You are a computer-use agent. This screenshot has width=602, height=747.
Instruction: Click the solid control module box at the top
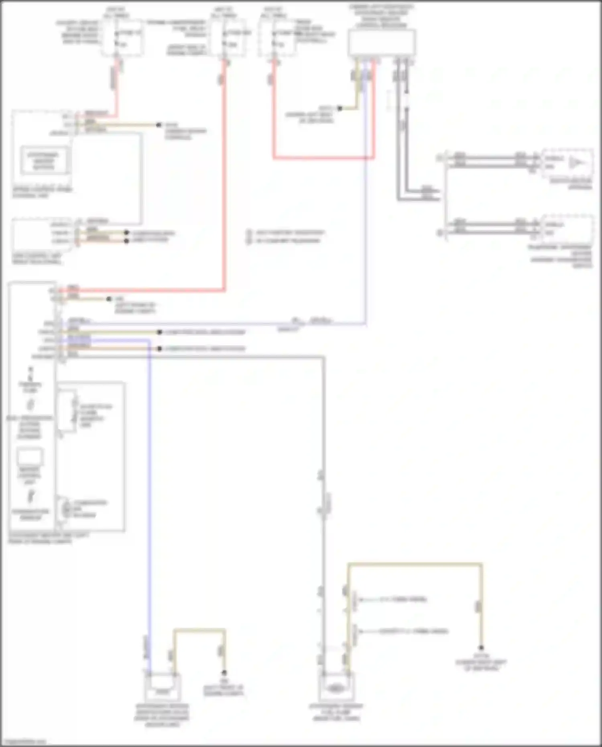382,43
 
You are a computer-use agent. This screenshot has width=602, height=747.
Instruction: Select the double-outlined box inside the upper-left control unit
44,161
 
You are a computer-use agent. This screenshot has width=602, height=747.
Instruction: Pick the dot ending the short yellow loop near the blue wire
224,673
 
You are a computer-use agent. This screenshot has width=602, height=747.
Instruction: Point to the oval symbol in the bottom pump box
336,688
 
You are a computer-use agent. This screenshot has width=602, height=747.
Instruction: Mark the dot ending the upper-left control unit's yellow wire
159,125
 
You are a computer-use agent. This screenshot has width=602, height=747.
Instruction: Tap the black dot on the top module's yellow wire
340,108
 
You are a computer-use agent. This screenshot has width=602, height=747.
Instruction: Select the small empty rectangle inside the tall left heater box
30,457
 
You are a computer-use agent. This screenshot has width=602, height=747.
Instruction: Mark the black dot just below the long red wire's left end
108,299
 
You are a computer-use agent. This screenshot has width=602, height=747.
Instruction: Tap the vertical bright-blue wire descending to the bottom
150,482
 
